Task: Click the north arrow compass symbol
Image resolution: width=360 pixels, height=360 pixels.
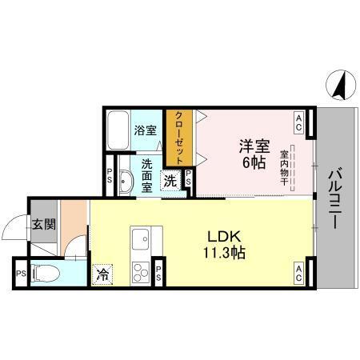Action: point(340,82)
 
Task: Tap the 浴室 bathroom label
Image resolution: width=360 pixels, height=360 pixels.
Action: point(145,130)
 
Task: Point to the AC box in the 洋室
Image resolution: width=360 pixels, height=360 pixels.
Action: point(298,122)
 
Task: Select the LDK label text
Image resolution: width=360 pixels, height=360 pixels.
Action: point(226,235)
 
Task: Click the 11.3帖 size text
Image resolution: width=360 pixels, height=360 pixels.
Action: point(226,252)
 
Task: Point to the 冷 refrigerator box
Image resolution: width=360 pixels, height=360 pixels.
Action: point(103,272)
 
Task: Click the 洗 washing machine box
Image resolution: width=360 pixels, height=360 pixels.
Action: point(171,181)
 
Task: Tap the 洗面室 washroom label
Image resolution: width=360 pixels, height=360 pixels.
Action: point(147,176)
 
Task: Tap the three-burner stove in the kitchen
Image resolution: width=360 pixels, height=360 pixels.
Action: point(142,270)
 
